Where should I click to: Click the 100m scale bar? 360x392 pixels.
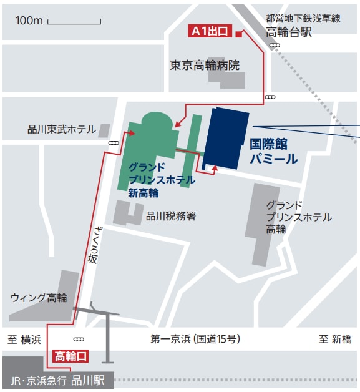[74, 23]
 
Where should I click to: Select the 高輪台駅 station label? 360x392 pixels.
[289, 32]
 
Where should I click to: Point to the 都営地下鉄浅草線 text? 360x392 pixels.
[303, 18]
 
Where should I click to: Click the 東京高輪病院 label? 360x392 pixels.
[205, 65]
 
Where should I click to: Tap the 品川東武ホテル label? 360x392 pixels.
[62, 129]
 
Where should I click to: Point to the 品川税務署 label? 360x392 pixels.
[171, 216]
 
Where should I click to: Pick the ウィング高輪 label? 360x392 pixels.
[38, 297]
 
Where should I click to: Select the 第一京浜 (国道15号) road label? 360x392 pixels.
[195, 340]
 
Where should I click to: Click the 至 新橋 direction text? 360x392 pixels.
[335, 340]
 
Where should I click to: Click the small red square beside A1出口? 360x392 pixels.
[238, 34]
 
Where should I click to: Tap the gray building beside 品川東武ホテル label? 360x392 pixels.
[104, 130]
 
